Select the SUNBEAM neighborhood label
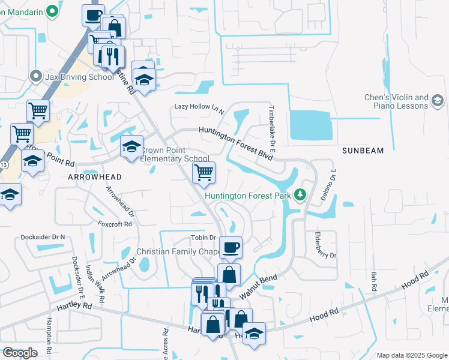363,151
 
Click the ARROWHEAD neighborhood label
95,177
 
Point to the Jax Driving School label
79,77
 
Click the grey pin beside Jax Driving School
35,76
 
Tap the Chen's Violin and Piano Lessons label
396,101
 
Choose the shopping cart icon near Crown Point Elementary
203,172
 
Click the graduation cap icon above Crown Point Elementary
131,146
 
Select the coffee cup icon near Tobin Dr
230,247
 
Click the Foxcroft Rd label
114,224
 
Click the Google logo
20,353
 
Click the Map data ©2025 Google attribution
411,355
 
